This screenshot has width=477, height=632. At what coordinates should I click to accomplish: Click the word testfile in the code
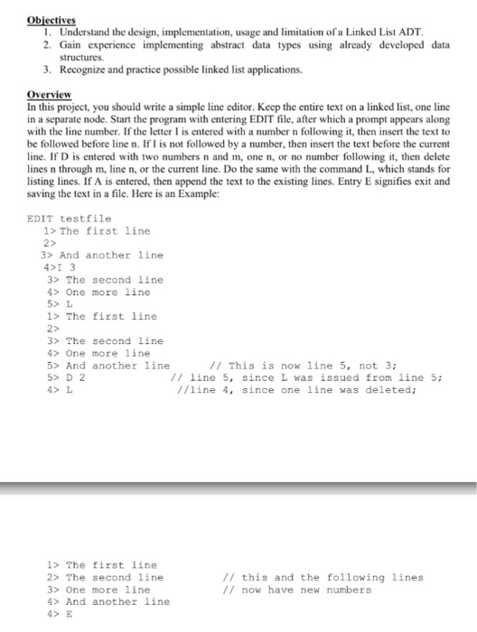pos(86,218)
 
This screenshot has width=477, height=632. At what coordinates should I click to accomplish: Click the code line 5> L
pos(59,304)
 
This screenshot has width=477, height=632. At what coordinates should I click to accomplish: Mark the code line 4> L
pos(57,390)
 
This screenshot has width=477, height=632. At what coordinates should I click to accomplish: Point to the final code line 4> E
pos(57,614)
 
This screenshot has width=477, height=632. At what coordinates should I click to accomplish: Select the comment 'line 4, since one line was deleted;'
pos(298,390)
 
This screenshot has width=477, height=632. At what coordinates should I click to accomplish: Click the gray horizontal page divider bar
pos(238,487)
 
